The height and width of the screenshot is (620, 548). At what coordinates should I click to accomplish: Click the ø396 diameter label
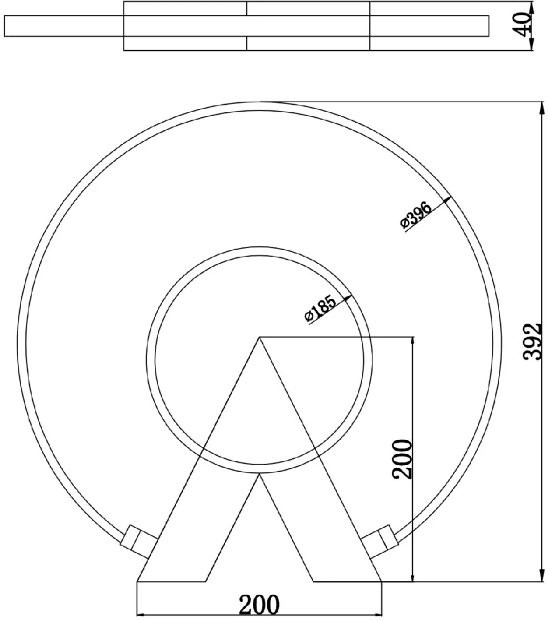(415, 215)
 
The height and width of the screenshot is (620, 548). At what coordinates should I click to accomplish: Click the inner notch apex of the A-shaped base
(259, 474)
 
